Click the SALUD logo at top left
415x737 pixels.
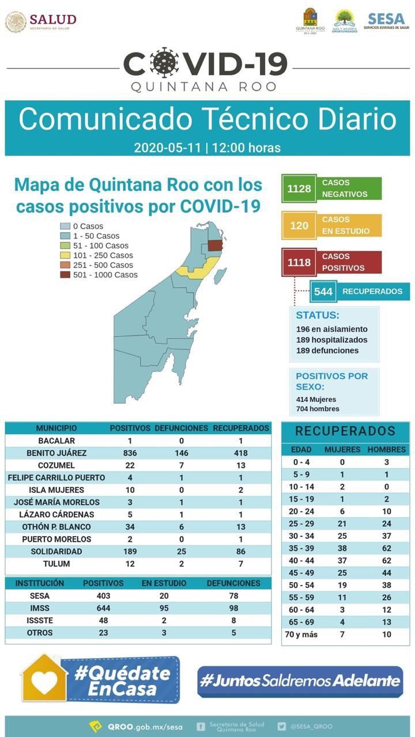click(40, 22)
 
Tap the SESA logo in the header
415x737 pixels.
click(386, 22)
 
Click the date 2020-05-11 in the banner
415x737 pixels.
click(168, 147)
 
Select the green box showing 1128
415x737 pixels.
click(299, 189)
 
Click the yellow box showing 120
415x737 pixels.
click(299, 226)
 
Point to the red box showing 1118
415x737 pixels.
click(299, 263)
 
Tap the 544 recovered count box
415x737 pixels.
click(323, 291)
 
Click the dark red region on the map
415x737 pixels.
click(215, 245)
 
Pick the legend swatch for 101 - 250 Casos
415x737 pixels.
click(66, 256)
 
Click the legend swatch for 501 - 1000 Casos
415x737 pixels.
click(66, 275)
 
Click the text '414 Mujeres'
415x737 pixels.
click(316, 399)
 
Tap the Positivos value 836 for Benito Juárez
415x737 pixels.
click(130, 453)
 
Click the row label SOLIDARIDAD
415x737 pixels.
click(56, 552)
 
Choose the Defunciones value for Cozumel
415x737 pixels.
click(182, 465)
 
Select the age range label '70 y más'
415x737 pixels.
click(301, 635)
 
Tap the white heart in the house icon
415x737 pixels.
click(45, 682)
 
